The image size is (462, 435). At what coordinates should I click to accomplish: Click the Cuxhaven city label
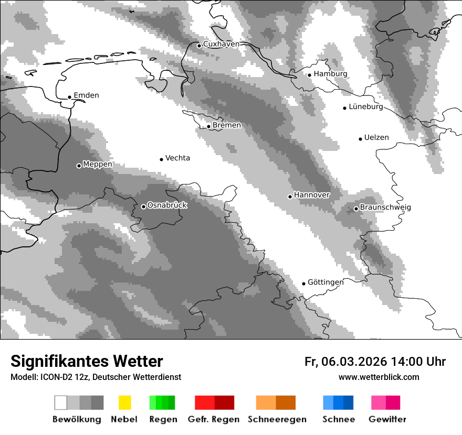[221, 44]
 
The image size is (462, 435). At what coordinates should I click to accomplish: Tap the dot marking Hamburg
[310, 74]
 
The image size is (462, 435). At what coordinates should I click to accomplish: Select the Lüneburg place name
[366, 106]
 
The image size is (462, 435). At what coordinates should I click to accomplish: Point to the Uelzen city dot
[360, 139]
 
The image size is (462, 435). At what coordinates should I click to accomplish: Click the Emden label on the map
[86, 95]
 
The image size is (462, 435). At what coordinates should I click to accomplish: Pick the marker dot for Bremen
[208, 126]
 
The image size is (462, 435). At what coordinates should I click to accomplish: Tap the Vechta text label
[177, 158]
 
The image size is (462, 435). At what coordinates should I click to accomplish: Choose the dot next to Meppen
[79, 166]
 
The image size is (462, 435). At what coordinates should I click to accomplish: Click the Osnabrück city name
[167, 205]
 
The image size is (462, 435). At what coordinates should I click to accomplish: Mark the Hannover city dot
[290, 197]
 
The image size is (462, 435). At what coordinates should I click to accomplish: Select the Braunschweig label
[385, 207]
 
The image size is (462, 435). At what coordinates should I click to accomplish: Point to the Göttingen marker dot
[303, 284]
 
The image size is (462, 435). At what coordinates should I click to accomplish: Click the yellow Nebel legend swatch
[125, 403]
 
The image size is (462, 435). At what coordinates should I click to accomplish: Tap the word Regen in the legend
[162, 419]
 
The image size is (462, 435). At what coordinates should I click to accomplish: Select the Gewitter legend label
[387, 419]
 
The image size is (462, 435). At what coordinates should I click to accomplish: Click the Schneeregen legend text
[277, 419]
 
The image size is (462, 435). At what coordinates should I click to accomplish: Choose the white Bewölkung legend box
[61, 403]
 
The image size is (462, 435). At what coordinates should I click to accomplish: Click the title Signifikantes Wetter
[87, 362]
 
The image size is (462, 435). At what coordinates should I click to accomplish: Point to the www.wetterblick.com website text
[379, 377]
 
